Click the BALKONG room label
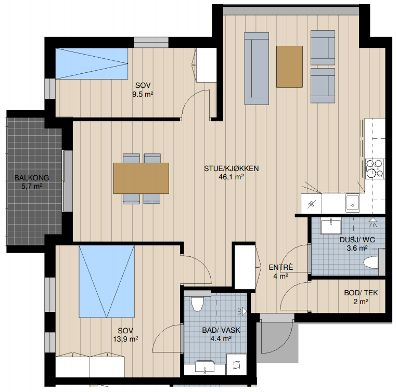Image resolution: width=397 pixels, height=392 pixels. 32,178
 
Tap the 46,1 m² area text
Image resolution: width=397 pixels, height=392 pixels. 231,177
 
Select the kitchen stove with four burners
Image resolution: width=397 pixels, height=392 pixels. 375,168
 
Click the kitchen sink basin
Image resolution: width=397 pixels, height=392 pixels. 352,203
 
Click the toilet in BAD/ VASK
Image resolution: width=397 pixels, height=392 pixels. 198,304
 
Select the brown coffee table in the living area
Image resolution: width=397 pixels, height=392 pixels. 289,67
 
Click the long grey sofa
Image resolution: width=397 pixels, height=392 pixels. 257,68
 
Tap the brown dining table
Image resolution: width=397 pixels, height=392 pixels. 142,178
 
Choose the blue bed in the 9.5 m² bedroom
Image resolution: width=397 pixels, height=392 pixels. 92,64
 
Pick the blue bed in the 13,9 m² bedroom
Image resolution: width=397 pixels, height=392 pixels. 107,281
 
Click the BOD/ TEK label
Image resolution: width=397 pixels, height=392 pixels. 361,293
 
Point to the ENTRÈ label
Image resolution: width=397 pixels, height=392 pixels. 281,267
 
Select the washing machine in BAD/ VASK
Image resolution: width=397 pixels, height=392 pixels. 236,364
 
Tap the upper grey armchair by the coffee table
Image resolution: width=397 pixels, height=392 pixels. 323,48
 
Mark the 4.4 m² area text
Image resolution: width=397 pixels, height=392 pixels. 221,338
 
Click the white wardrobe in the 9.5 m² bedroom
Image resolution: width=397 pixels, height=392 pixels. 207,65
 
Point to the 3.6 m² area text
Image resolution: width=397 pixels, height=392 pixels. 357,248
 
